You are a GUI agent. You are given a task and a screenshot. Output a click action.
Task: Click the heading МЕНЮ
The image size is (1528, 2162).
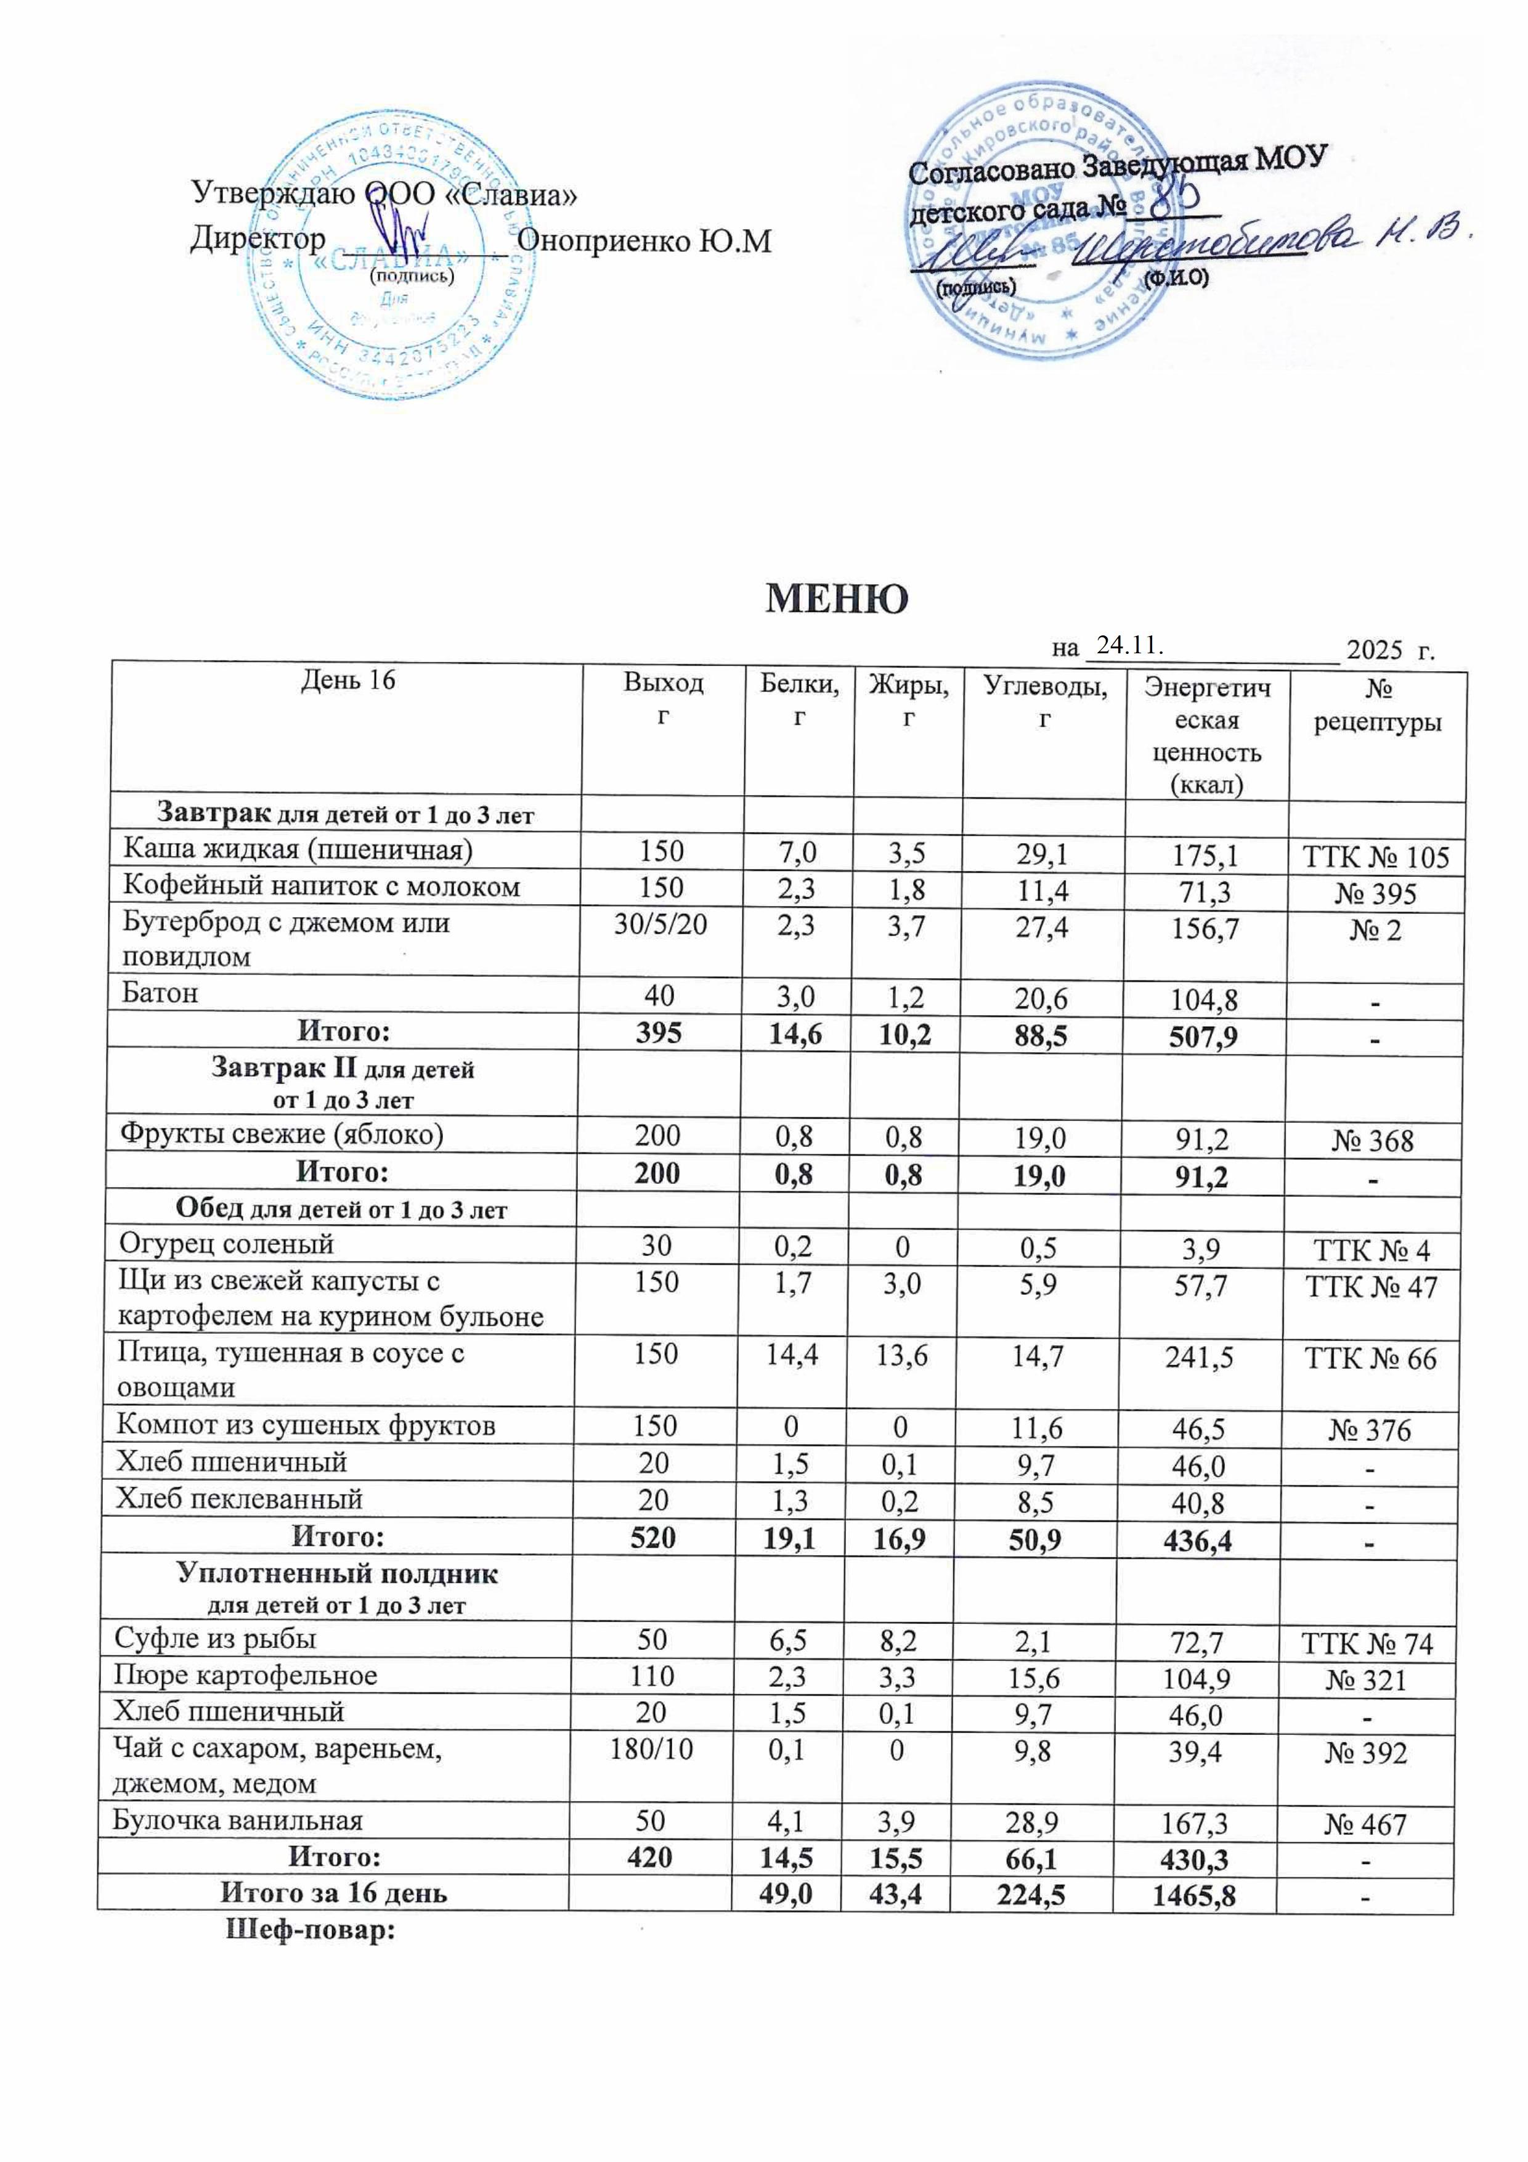[836, 599]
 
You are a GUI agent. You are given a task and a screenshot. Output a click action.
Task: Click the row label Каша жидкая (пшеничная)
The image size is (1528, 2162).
[298, 851]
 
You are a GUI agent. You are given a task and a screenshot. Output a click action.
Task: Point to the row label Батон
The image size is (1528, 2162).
[160, 993]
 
